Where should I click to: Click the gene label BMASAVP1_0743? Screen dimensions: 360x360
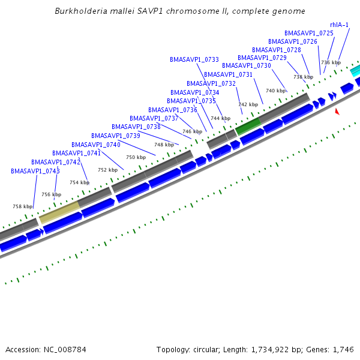point(35,171)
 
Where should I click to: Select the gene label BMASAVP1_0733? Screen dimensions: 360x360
point(194,60)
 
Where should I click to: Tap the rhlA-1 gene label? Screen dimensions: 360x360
point(339,25)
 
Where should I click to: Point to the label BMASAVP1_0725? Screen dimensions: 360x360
point(309,33)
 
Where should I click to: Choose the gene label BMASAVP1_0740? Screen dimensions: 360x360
point(96,145)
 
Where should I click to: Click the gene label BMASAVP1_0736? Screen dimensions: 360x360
point(173,110)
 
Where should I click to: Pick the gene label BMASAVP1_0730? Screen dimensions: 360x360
point(247,65)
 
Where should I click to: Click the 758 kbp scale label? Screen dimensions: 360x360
point(23,206)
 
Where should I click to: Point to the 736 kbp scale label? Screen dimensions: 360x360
point(331,62)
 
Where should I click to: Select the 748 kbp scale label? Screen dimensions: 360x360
point(164,145)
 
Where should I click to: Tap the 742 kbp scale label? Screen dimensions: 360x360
point(248,104)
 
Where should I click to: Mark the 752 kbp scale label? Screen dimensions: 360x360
point(107,170)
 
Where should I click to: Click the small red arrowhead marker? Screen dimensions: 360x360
point(337,112)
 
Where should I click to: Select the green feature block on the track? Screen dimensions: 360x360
point(248,126)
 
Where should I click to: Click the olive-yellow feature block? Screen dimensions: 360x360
point(59,212)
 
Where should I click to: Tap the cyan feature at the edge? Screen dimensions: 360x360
point(355,70)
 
